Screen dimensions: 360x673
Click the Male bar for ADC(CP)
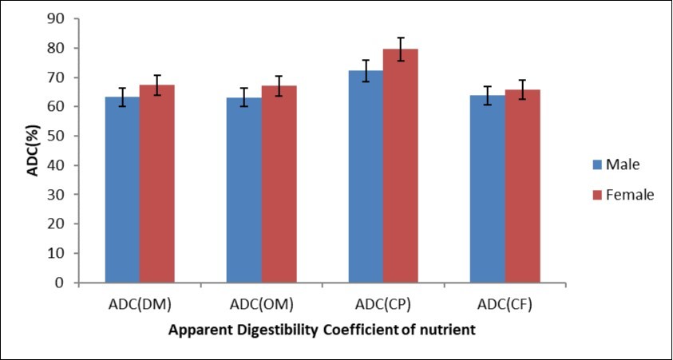[x=365, y=176]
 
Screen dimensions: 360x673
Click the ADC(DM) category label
[x=140, y=304]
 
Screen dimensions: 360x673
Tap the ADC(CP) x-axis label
[x=382, y=304]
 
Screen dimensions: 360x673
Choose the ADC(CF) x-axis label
[x=505, y=304]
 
